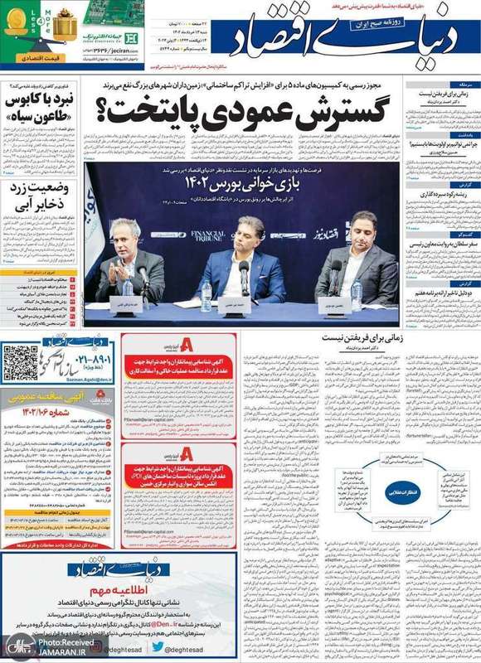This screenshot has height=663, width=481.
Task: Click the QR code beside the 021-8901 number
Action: point(20,361)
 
